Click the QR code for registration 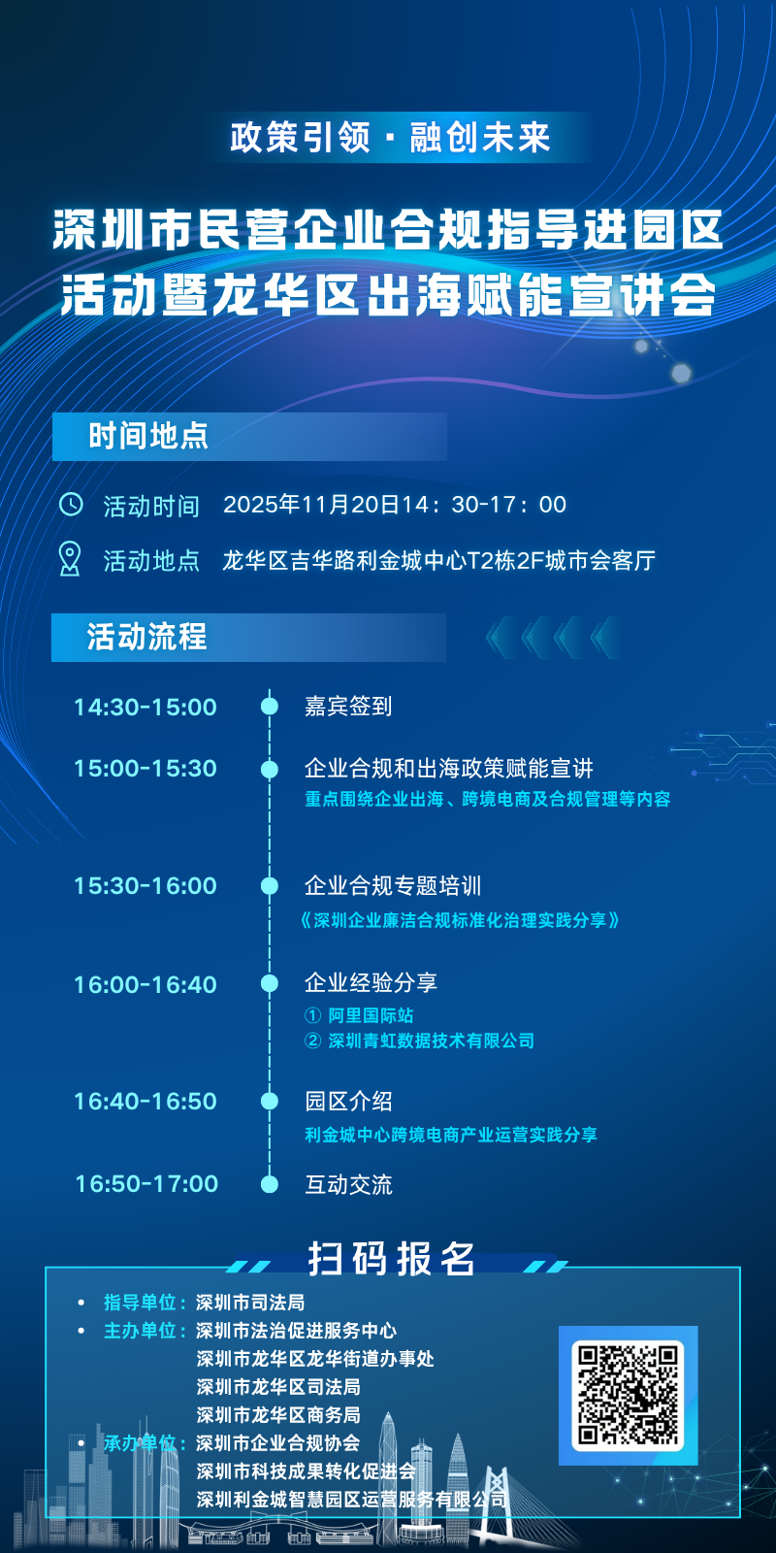pos(629,1395)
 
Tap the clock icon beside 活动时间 pos(71,505)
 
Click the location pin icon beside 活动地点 pos(70,559)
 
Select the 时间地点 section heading pos(148,436)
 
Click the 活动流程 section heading pos(147,637)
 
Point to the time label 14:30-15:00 pos(145,707)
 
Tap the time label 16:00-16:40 pos(145,984)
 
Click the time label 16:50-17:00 pos(146,1183)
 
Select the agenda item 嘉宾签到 pos(348,707)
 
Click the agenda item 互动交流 pos(348,1184)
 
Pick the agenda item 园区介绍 pos(348,1101)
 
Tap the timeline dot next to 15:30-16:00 pos(270,885)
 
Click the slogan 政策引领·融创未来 pos(390,137)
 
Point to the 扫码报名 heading pos(392,1259)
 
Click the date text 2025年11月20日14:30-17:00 pos(395,505)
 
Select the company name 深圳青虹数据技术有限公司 pos(431,1041)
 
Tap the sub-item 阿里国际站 pos(371,1015)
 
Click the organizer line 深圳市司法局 pos(250,1303)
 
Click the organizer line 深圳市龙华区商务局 pos(278,1415)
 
